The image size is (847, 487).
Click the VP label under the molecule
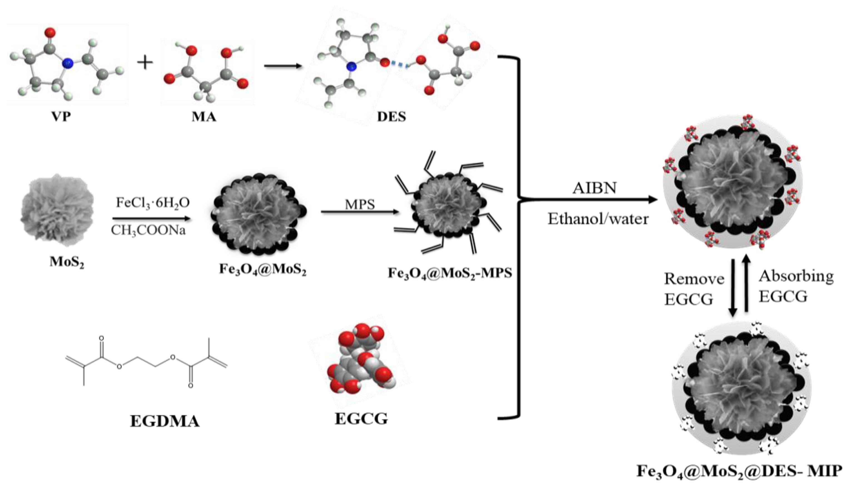61,117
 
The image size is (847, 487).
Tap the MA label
204,117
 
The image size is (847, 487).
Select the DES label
391,117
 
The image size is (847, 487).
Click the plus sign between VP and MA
145,63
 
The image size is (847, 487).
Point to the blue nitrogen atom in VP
68,63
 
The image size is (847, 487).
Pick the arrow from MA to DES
282,66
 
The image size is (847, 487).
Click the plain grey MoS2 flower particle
57,210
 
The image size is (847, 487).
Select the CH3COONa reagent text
148,231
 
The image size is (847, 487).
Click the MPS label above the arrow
360,204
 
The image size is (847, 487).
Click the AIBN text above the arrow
594,188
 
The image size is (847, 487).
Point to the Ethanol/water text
598,219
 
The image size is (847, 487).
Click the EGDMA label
165,421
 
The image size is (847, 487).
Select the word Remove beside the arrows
694,279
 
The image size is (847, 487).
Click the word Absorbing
796,276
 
